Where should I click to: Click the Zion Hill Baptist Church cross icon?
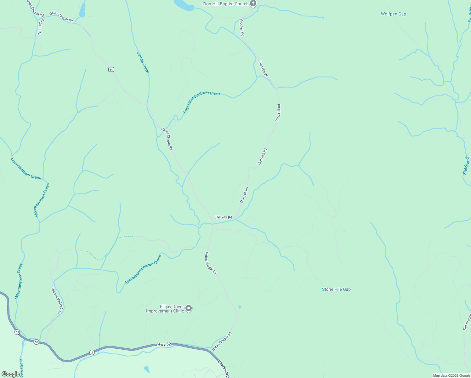click(253, 3)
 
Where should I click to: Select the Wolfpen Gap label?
click(393, 14)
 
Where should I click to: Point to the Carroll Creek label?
click(143, 62)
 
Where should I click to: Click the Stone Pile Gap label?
click(336, 289)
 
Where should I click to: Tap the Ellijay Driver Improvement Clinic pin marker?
click(189, 308)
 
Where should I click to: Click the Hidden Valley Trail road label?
click(57, 301)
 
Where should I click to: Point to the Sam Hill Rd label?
click(41, 27)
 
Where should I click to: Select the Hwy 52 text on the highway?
click(164, 344)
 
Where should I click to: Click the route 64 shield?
click(111, 69)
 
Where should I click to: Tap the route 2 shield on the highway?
click(92, 352)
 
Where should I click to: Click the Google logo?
click(10, 374)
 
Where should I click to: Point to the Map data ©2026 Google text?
click(451, 375)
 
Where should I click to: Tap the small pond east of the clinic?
click(240, 307)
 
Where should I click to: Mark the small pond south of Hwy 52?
click(147, 369)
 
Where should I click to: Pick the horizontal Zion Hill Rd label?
click(224, 217)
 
